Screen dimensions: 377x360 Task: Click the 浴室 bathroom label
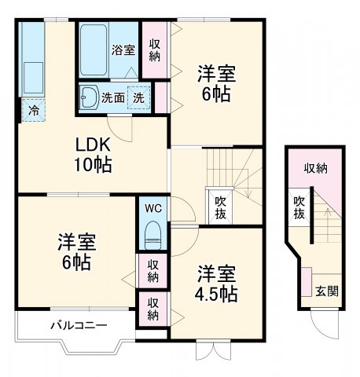point(123,50)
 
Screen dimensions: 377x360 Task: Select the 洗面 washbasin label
point(114,98)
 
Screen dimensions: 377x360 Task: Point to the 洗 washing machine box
point(138,98)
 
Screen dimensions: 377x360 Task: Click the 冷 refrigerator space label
point(32,111)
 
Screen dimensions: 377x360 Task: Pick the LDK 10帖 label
point(94,155)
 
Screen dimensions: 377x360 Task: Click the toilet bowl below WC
point(152,234)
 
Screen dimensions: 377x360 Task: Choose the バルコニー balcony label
point(79,324)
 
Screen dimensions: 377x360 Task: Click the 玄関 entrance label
point(328,291)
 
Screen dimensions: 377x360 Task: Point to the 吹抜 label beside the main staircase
point(222,206)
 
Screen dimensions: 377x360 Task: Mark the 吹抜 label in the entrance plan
point(299,207)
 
